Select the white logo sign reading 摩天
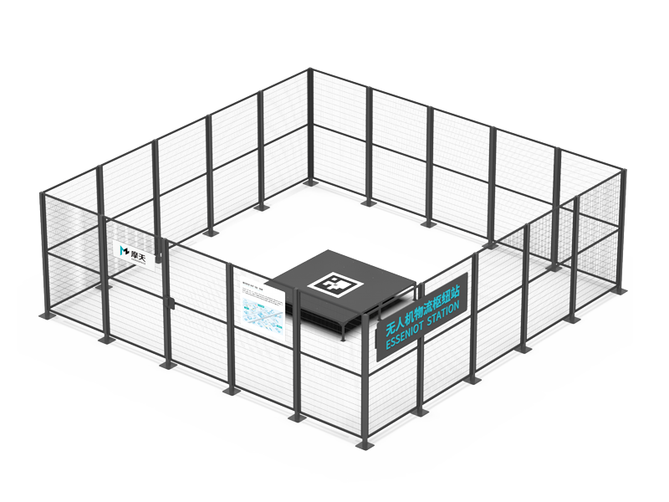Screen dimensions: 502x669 [x=132, y=250]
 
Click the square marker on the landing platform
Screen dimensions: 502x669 [x=334, y=284]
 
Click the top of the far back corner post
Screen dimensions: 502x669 [x=310, y=69]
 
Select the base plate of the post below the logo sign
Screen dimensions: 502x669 [x=107, y=340]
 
